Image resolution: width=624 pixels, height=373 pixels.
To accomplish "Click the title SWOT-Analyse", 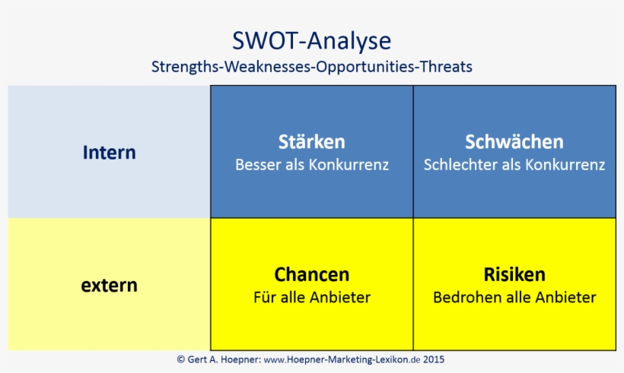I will tap(311, 40).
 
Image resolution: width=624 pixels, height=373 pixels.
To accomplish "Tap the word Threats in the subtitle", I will tap(446, 67).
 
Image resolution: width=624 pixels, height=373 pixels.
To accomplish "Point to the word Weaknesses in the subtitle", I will tap(265, 67).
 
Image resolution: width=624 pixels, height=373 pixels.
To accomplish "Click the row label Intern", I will tap(109, 152).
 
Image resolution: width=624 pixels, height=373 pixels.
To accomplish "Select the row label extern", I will tap(109, 286).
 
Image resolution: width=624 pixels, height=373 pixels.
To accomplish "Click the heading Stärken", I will tap(311, 142).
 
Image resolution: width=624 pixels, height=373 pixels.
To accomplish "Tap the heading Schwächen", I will tap(514, 142).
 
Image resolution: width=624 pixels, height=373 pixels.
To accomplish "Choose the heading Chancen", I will tap(311, 274).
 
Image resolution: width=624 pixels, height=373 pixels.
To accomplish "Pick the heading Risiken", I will tap(514, 274).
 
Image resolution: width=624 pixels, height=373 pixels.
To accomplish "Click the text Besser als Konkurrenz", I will tap(311, 165).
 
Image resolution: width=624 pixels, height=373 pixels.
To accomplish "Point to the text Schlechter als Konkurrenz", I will tap(514, 165).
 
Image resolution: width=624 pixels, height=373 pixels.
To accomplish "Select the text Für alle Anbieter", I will tap(311, 297).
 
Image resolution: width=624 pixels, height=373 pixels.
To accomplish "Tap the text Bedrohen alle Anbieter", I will tap(514, 297).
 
